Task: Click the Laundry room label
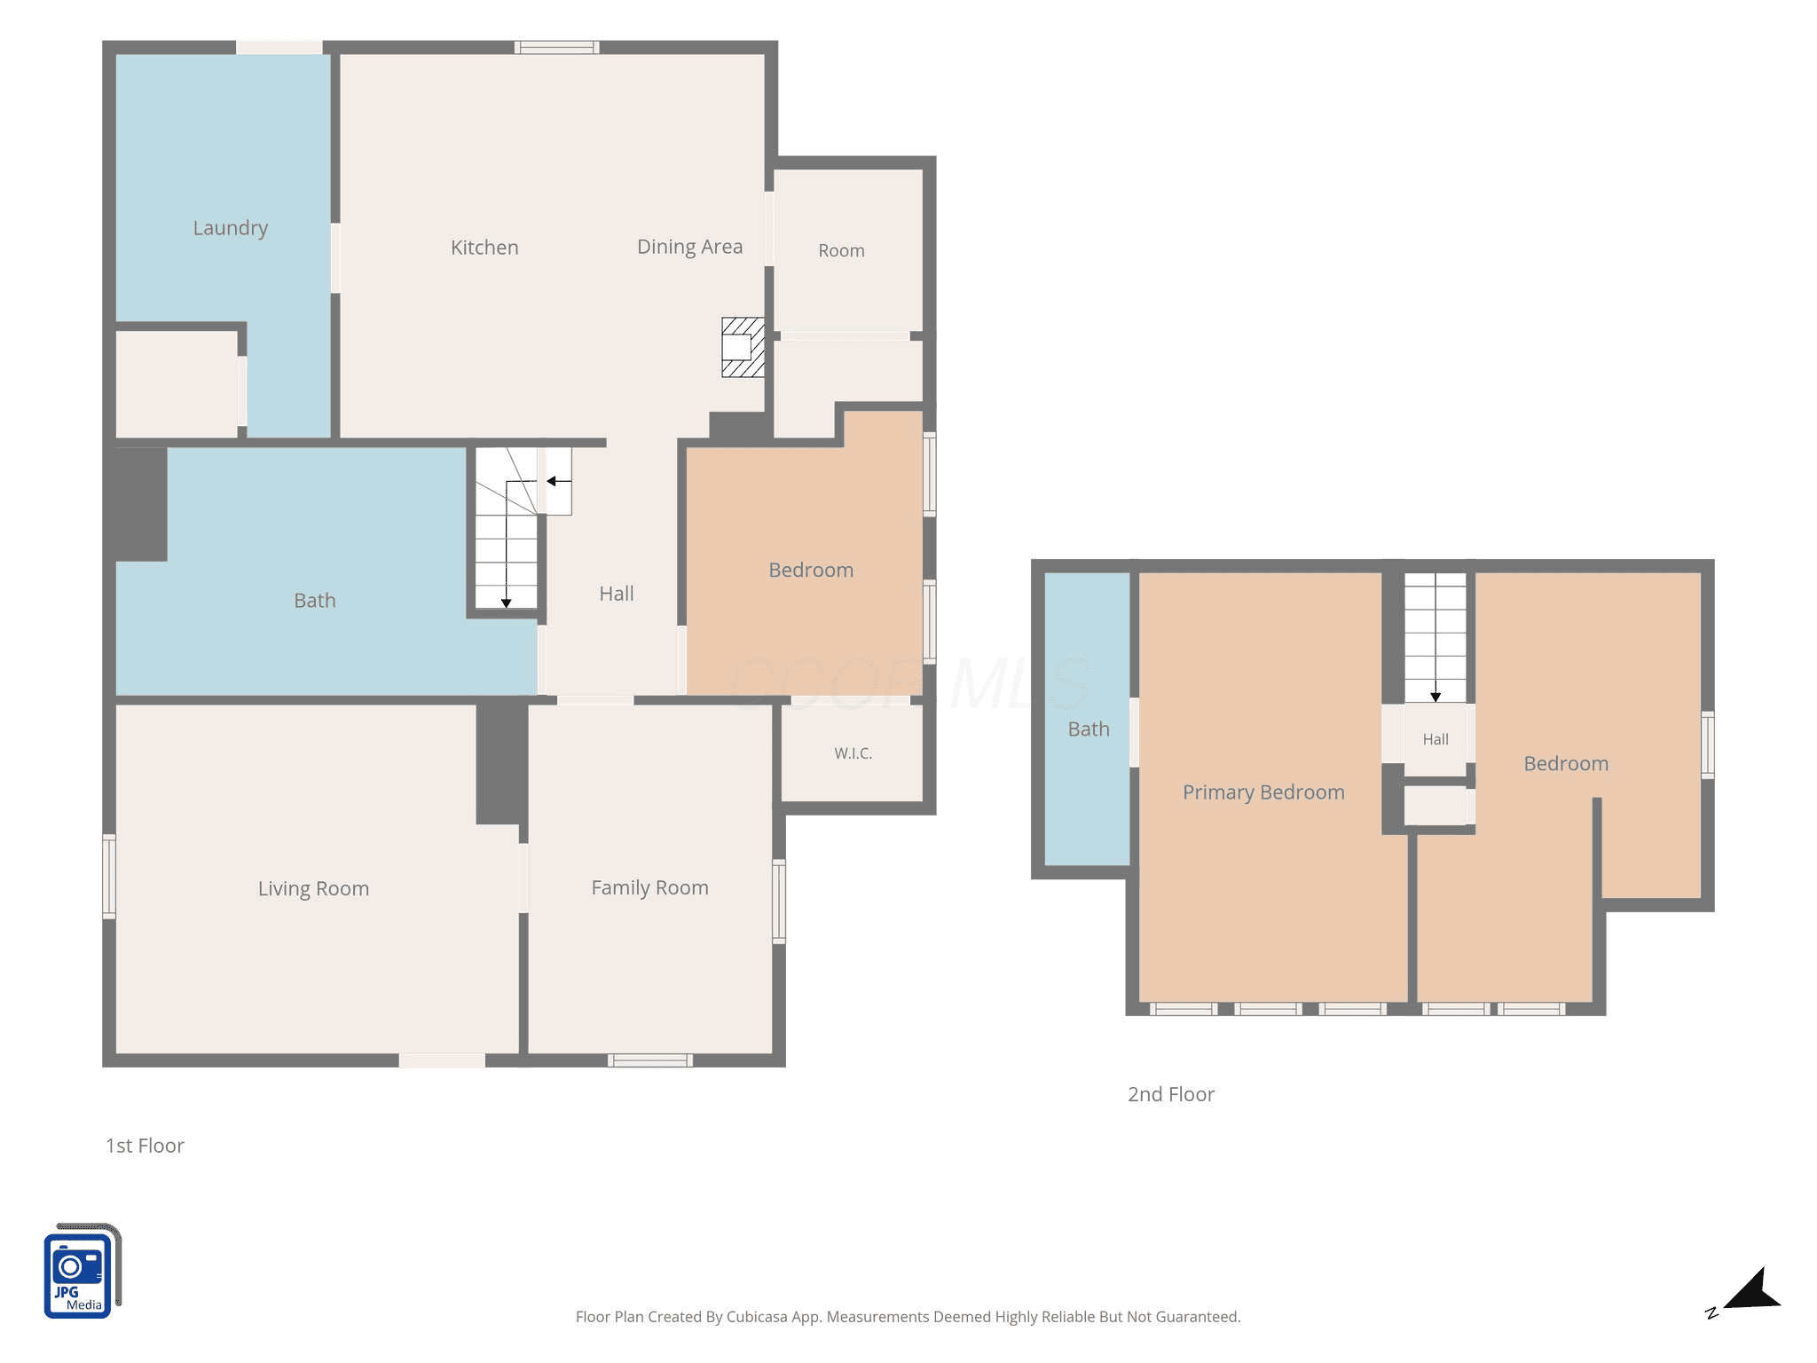[231, 228]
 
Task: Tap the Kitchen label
[484, 248]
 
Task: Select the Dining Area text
[690, 247]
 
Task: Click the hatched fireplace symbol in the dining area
[743, 348]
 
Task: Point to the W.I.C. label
[853, 753]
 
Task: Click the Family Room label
[650, 888]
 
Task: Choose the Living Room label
[313, 889]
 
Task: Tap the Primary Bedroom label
[1263, 792]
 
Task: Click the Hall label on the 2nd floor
[1436, 739]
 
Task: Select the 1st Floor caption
[145, 1146]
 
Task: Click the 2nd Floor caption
[1171, 1094]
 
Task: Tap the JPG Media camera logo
[82, 1271]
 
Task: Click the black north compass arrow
[1752, 1290]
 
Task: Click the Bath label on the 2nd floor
[1089, 729]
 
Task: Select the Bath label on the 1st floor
[315, 601]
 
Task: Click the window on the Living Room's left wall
[109, 876]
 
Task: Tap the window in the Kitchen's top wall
[556, 47]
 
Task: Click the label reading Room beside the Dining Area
[841, 251]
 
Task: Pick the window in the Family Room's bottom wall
[650, 1060]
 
